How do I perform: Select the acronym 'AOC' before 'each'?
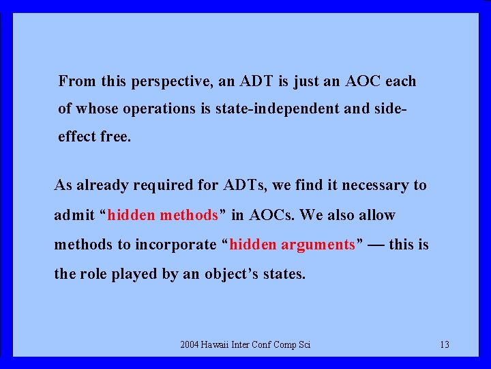[x=363, y=81]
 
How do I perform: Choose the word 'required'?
[x=155, y=185]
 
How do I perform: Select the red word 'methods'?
[x=188, y=215]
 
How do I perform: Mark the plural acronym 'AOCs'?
[x=272, y=215]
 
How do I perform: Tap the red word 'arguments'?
[x=317, y=245]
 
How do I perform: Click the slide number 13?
[x=444, y=344]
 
